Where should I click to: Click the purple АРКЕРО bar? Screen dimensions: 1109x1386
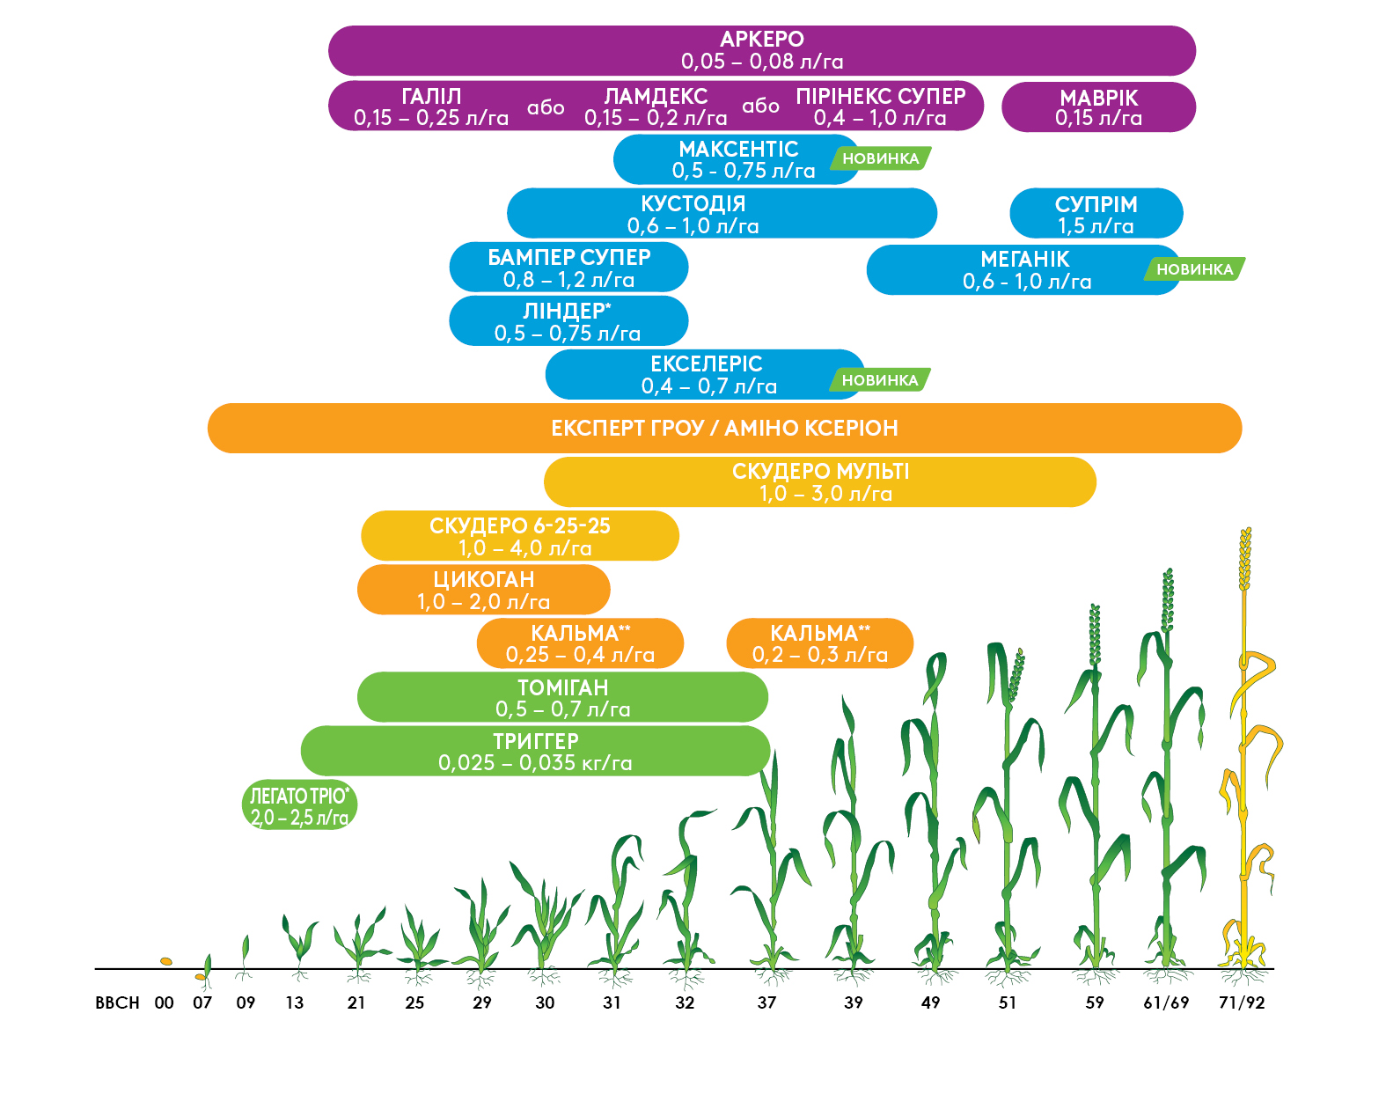[x=761, y=50]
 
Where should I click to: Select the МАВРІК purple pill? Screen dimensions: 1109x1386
[x=1098, y=107]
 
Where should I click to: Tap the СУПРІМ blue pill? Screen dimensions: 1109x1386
[x=1096, y=214]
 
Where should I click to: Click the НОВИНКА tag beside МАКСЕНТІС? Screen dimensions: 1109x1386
[x=880, y=158]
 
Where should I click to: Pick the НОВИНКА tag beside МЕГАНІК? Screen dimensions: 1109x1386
[x=1194, y=269]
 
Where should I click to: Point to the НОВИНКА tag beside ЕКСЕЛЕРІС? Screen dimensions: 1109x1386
[x=879, y=380]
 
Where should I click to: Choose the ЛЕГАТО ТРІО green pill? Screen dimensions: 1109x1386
[x=299, y=806]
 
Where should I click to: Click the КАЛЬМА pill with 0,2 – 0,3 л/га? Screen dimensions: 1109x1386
[x=819, y=643]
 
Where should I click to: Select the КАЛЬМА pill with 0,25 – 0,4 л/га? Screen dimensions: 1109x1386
[x=580, y=643]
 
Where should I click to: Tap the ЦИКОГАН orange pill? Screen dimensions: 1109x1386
[x=483, y=590]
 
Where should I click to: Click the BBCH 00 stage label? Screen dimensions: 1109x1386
[x=164, y=1003]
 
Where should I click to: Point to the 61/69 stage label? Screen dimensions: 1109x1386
[x=1166, y=1003]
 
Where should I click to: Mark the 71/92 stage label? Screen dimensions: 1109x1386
[x=1242, y=1003]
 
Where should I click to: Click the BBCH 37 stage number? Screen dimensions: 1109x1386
[x=766, y=1003]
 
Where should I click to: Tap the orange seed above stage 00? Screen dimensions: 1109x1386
[x=165, y=961]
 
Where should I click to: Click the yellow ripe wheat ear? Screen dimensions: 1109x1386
[x=1245, y=559]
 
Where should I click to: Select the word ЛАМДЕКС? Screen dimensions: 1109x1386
[x=656, y=96]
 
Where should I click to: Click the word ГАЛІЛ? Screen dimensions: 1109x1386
[x=431, y=96]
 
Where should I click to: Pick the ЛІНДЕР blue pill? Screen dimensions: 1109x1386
[x=568, y=321]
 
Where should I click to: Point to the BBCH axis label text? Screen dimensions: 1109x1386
[x=117, y=1003]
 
